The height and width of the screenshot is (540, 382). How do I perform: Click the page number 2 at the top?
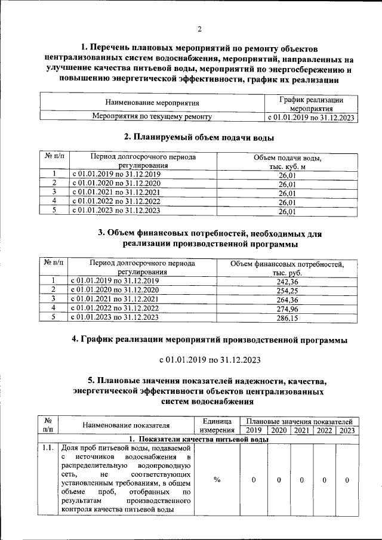tap(199, 29)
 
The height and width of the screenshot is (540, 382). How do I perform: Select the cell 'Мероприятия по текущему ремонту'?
tap(152, 117)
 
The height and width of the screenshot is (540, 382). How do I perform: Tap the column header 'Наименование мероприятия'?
tap(152, 103)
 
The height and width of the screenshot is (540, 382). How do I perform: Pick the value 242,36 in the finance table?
tap(288, 281)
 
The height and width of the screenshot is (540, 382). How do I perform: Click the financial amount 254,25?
tap(288, 291)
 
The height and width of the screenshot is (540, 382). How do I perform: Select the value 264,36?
tap(288, 300)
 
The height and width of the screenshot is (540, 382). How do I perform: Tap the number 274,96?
tap(288, 308)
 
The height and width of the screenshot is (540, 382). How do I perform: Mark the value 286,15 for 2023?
tap(288, 318)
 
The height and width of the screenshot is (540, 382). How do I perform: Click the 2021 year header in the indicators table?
tap(302, 430)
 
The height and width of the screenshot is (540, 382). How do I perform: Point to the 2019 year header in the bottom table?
tap(254, 430)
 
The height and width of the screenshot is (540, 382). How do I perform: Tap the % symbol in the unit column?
tap(217, 480)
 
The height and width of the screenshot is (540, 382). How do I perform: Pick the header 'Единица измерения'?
tap(217, 425)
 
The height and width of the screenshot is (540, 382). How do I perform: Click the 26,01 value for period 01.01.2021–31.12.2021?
tap(288, 193)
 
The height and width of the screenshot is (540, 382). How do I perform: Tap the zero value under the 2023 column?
tap(347, 480)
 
